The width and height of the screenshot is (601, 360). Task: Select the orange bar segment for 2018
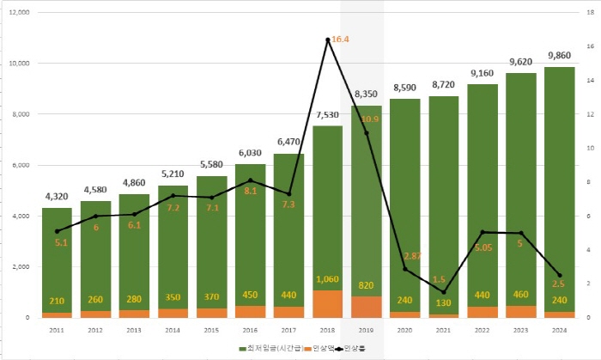tap(327, 303)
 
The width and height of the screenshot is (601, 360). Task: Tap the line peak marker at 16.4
tap(327, 40)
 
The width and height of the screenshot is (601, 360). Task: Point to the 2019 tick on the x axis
tap(366, 329)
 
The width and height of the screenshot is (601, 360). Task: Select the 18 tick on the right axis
tap(589, 13)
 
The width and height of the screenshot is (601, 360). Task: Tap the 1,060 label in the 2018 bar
tap(327, 280)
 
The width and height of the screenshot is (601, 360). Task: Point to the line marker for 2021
tap(444, 292)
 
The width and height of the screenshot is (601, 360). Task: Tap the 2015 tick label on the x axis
tap(211, 329)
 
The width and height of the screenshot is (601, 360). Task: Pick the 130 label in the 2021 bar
tap(444, 303)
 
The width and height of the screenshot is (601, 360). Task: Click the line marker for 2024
tap(560, 275)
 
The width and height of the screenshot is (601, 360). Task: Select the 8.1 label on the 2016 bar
tap(250, 192)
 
